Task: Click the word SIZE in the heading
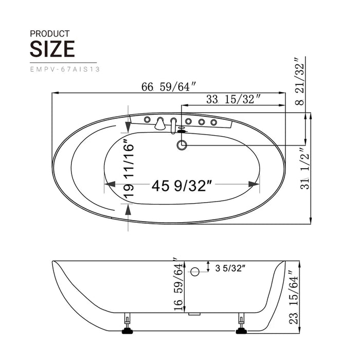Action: (52, 48)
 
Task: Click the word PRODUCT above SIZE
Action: (50, 33)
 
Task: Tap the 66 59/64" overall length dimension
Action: (169, 87)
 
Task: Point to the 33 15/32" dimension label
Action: (233, 100)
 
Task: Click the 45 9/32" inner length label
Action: (182, 185)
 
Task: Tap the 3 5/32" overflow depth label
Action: (230, 267)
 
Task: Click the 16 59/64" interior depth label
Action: (177, 284)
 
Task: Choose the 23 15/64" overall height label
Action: (293, 298)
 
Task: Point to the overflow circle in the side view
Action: (194, 271)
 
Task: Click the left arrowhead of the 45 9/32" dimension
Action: (109, 184)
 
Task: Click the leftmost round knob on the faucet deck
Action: (148, 120)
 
